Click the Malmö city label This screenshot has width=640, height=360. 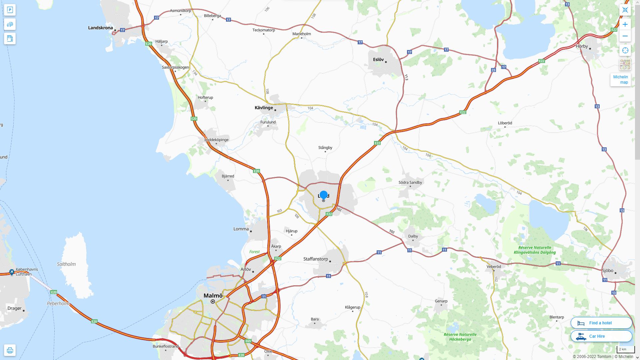(x=213, y=296)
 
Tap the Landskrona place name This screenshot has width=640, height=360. (x=100, y=28)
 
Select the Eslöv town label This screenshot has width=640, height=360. (x=378, y=60)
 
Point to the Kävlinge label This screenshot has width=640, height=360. (x=264, y=108)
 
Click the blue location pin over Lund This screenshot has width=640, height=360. (x=323, y=195)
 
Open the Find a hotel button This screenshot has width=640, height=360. (x=601, y=323)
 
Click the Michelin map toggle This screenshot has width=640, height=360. (x=620, y=80)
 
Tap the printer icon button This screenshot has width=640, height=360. (x=10, y=350)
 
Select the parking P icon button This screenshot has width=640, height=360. (x=10, y=10)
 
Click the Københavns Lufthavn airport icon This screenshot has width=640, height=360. (x=12, y=272)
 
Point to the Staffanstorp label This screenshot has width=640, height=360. (x=315, y=259)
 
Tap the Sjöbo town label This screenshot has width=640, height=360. (x=608, y=271)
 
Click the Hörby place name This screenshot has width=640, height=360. (x=582, y=46)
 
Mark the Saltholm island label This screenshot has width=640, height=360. (x=66, y=264)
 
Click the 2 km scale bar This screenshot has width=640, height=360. (x=625, y=350)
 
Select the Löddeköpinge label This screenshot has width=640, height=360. (x=216, y=140)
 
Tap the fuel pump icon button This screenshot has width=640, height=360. (x=10, y=39)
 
